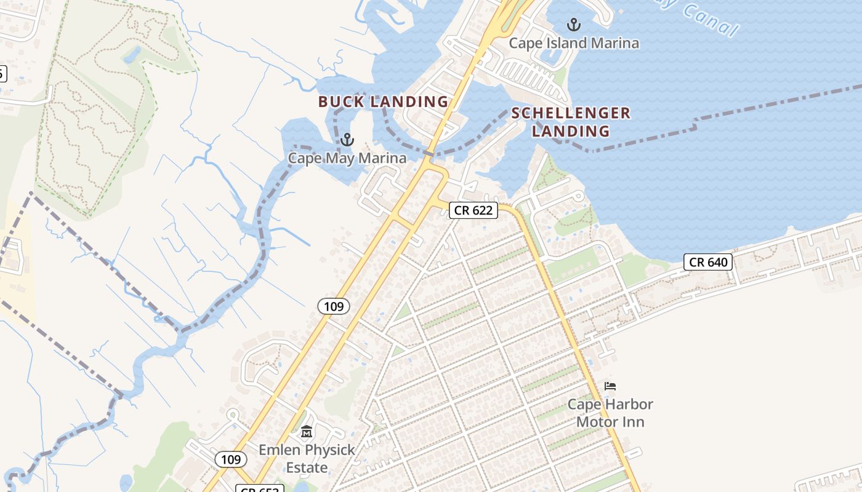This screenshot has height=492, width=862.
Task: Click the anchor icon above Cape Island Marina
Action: (x=574, y=25)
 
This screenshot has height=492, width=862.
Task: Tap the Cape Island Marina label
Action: (x=574, y=43)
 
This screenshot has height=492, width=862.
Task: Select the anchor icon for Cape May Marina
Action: (x=347, y=140)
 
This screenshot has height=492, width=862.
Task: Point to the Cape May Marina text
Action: (x=347, y=158)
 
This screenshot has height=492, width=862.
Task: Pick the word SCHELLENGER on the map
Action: (x=571, y=113)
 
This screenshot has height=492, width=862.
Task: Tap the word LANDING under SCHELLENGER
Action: (x=571, y=131)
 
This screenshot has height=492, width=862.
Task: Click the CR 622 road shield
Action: (x=473, y=210)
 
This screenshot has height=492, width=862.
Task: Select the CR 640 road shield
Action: (x=708, y=262)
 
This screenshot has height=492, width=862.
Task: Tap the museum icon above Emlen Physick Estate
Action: (x=307, y=432)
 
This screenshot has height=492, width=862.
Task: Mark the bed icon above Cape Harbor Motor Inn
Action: (x=610, y=386)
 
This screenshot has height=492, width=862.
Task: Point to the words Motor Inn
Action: (x=610, y=422)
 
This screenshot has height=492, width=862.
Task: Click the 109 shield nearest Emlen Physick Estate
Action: (x=231, y=459)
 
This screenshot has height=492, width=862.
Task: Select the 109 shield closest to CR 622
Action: (x=334, y=306)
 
